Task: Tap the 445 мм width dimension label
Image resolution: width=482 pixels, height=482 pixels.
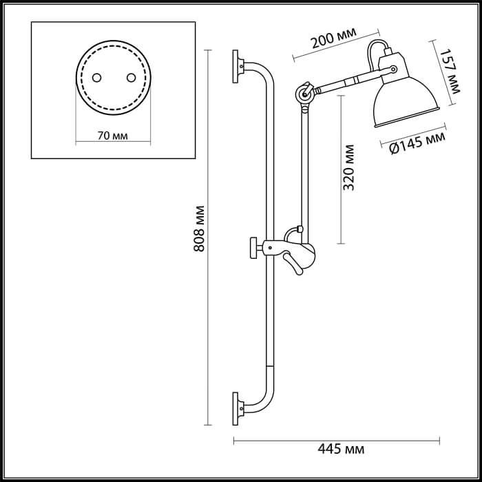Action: point(340,450)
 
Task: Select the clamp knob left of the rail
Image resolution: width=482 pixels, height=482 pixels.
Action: point(255,247)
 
